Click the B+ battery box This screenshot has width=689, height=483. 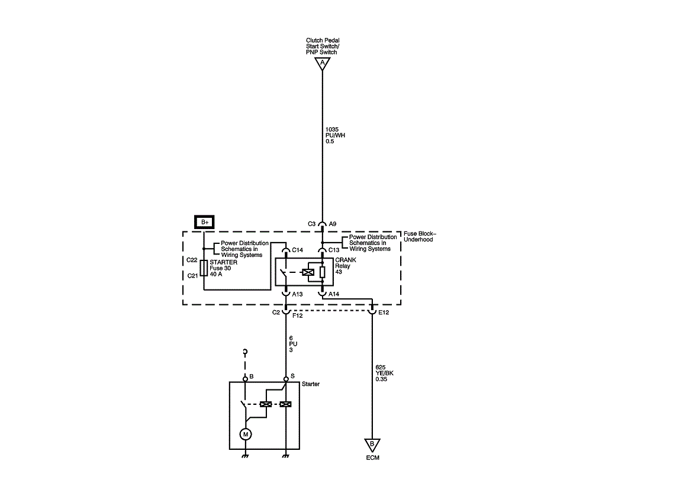click(204, 222)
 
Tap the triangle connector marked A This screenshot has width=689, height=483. click(322, 63)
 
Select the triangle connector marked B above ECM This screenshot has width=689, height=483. click(372, 444)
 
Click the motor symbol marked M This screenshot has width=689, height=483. click(245, 434)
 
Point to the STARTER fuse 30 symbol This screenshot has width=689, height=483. click(204, 268)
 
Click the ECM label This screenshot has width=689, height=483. click(372, 458)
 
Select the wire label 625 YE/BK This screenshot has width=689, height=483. click(385, 373)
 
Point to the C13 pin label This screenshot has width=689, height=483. click(334, 250)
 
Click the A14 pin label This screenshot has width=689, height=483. click(334, 294)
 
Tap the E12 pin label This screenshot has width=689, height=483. click(384, 312)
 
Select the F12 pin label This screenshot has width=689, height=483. click(297, 316)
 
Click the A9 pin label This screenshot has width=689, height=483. click(333, 224)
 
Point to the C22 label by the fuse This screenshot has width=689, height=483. click(191, 259)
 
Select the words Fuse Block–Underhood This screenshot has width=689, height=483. click(420, 236)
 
